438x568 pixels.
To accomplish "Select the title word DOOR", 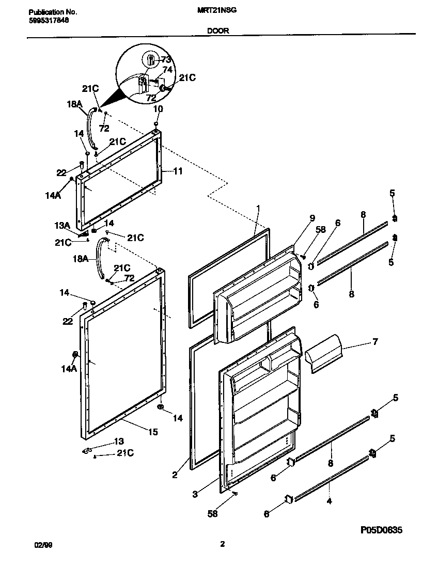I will click(218, 30).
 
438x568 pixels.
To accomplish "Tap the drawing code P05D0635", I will click(381, 530).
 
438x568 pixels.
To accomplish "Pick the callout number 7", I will click(375, 341).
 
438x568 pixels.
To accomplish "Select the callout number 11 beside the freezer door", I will click(177, 171).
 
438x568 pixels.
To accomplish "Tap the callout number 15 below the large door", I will click(153, 432).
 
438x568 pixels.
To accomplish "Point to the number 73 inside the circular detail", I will click(165, 59).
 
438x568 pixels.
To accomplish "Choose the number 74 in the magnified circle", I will click(167, 69).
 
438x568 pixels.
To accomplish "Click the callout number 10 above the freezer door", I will click(158, 109).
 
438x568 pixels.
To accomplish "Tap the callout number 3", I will click(195, 494).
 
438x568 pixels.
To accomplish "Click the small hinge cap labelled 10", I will click(155, 124).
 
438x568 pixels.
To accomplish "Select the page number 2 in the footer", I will click(222, 544).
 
